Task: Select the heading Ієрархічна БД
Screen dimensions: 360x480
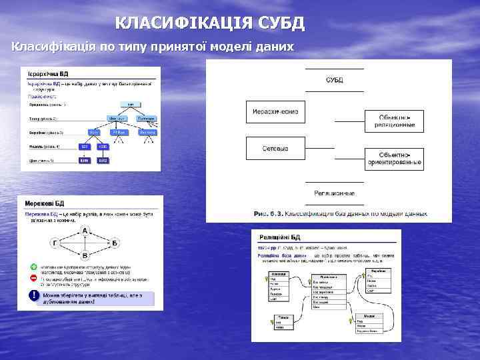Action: click(48, 73)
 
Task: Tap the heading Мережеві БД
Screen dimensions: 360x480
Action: click(45, 203)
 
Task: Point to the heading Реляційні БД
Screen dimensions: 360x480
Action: click(279, 237)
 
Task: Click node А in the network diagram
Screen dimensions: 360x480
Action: click(85, 230)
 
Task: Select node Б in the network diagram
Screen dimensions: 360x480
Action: click(115, 243)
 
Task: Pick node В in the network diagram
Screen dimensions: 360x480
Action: click(85, 255)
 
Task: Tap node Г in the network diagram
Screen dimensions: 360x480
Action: click(55, 243)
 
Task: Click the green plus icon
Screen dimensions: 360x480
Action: click(33, 265)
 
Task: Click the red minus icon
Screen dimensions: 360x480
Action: click(33, 278)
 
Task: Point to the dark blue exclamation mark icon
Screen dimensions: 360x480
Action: click(33, 295)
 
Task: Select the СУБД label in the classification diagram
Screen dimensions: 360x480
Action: click(335, 80)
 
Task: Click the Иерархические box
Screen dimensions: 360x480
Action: click(275, 111)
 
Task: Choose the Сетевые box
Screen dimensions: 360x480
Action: click(275, 148)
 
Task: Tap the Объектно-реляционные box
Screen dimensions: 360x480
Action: click(395, 121)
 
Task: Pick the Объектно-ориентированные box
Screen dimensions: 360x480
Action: click(395, 158)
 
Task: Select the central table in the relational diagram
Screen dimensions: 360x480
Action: click(328, 291)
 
